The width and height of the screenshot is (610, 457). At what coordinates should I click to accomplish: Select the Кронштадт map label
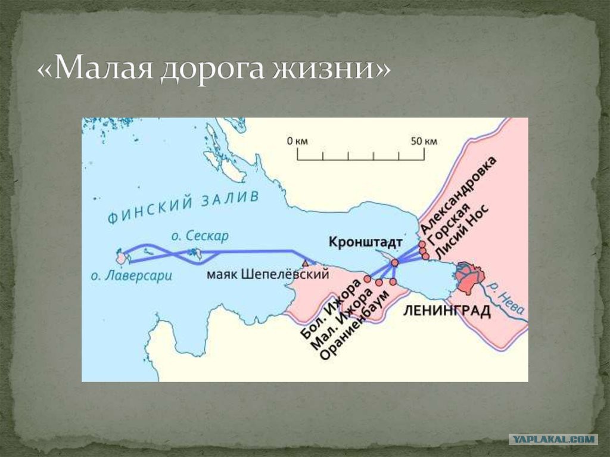click(365, 242)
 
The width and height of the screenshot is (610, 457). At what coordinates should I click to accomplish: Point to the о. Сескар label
click(200, 236)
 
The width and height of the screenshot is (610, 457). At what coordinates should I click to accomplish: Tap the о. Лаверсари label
click(131, 276)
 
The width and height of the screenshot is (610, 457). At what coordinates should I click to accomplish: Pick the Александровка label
click(459, 195)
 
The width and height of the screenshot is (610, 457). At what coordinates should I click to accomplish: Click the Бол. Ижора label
click(331, 309)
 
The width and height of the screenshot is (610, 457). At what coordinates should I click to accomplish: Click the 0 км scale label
click(297, 141)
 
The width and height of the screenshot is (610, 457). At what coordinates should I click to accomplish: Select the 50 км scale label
click(424, 141)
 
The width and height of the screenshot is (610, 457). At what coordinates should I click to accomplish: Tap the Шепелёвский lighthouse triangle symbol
click(306, 263)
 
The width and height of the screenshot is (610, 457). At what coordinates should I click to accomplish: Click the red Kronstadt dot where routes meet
click(395, 263)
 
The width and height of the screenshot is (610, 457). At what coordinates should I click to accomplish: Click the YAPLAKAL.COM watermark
click(553, 440)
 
